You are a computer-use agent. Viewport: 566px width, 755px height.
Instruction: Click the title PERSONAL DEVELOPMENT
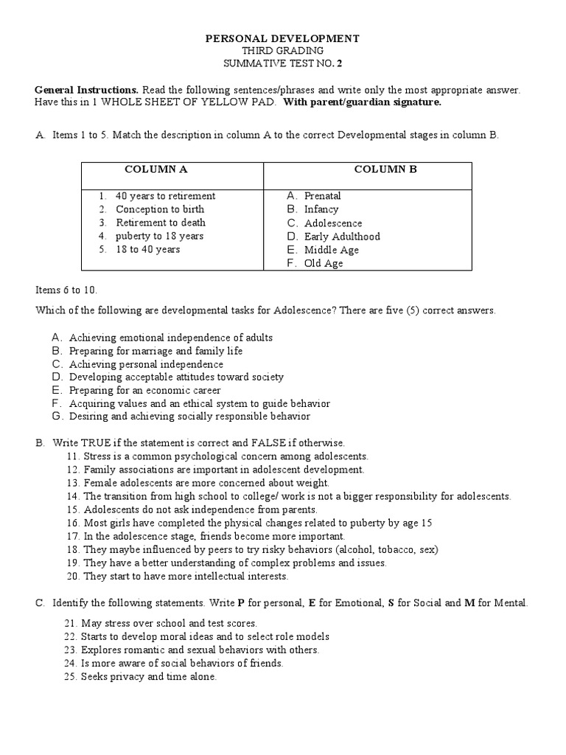(x=282, y=38)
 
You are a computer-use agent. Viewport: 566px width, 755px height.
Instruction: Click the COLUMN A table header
(x=156, y=169)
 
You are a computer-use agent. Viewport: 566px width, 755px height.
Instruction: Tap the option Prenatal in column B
(x=322, y=196)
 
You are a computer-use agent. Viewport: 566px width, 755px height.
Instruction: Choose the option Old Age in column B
(x=323, y=263)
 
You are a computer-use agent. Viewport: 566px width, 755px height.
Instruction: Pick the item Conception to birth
(x=160, y=209)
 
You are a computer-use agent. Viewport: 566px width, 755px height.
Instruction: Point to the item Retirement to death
(x=161, y=223)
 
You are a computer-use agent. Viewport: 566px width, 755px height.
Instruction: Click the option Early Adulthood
(x=341, y=237)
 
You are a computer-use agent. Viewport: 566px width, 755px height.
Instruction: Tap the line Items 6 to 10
(x=66, y=290)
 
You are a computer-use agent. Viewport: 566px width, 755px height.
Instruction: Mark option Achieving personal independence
(x=146, y=364)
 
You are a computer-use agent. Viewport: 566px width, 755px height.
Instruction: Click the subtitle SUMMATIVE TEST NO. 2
(x=282, y=63)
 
